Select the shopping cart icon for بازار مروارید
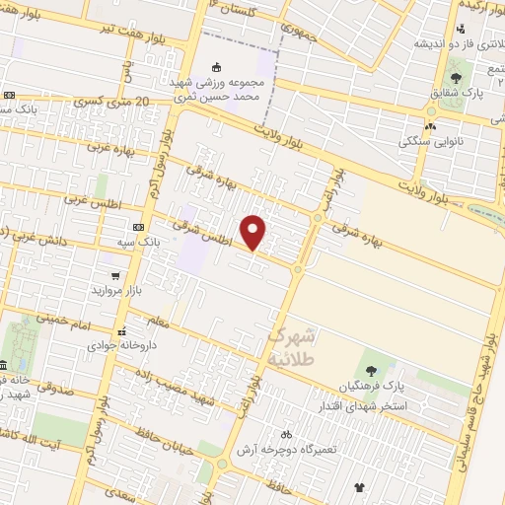(116, 276)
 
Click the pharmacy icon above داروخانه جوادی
(122, 331)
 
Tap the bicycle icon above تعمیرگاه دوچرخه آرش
(286, 434)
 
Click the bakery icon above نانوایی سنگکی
(429, 126)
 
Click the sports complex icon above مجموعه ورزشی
(217, 68)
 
